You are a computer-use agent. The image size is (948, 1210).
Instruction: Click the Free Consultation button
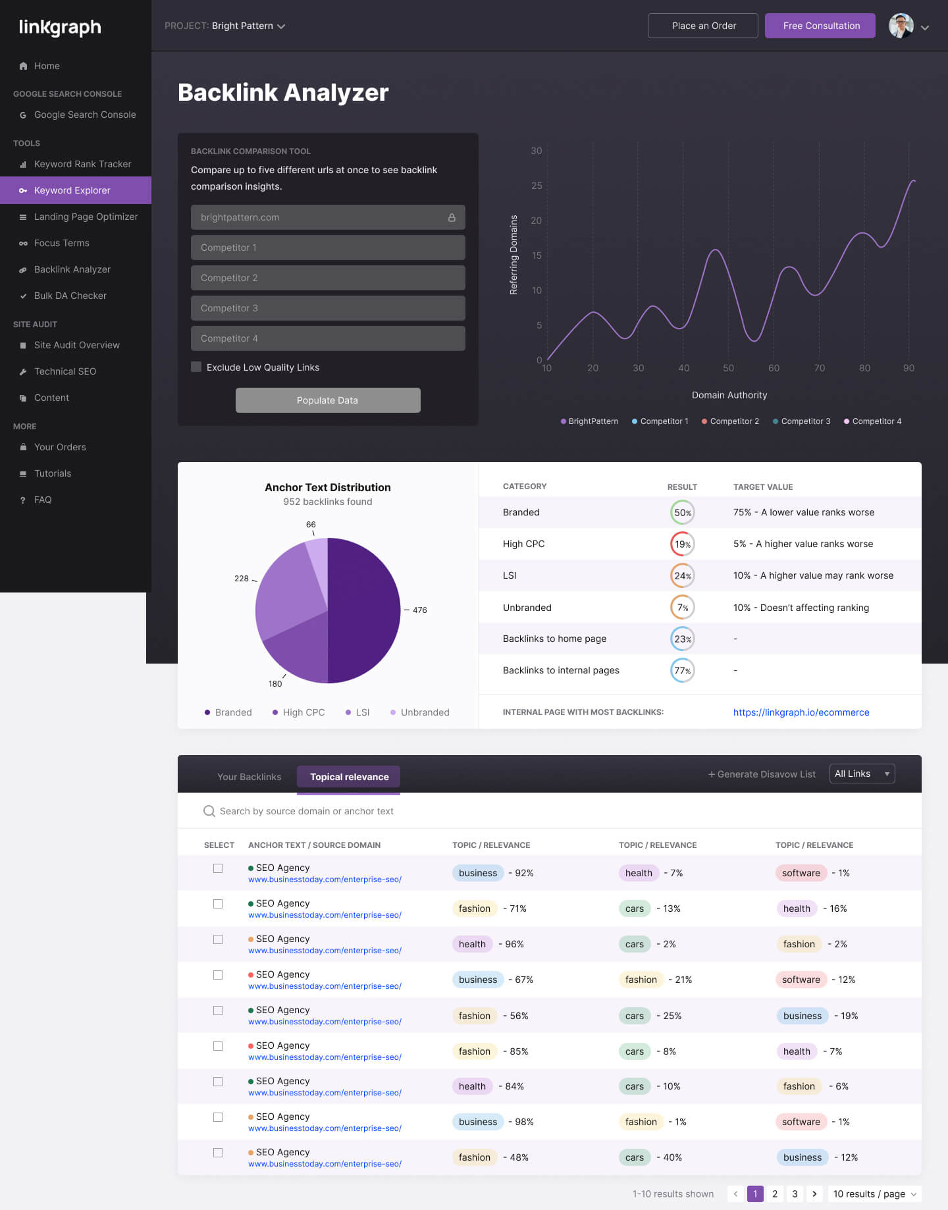(x=820, y=26)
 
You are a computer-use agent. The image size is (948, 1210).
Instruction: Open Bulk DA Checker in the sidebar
(x=70, y=296)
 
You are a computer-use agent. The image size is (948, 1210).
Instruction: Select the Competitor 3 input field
(x=328, y=308)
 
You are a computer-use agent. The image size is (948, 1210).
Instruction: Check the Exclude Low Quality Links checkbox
(x=196, y=367)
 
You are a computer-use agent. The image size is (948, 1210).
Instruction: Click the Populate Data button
(x=328, y=400)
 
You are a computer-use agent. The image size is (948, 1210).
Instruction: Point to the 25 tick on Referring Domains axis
(x=537, y=186)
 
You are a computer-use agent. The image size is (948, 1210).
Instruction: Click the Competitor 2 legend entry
(x=731, y=421)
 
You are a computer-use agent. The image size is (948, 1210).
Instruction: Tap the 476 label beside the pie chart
(x=419, y=610)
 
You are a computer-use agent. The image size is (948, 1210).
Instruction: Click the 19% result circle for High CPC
(x=683, y=544)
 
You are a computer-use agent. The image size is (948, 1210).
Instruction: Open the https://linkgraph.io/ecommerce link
(x=801, y=712)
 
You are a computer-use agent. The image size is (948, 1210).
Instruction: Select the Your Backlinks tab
(x=250, y=777)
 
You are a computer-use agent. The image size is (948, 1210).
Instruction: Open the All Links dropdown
(x=862, y=774)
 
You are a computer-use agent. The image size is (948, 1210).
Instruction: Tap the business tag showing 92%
(x=478, y=873)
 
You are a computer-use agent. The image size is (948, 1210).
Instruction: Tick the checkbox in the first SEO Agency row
(x=218, y=868)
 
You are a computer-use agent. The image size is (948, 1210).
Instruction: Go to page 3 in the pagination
(x=795, y=1194)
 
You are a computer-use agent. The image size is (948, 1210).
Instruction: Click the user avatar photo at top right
(x=901, y=26)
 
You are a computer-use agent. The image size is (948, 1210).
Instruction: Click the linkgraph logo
(x=60, y=27)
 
